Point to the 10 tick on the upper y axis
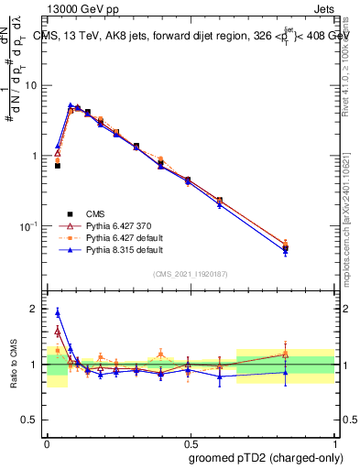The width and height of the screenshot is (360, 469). pos(32,85)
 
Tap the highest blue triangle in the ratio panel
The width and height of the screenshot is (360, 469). pos(58,312)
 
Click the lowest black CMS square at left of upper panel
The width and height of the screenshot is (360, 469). pos(58,166)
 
